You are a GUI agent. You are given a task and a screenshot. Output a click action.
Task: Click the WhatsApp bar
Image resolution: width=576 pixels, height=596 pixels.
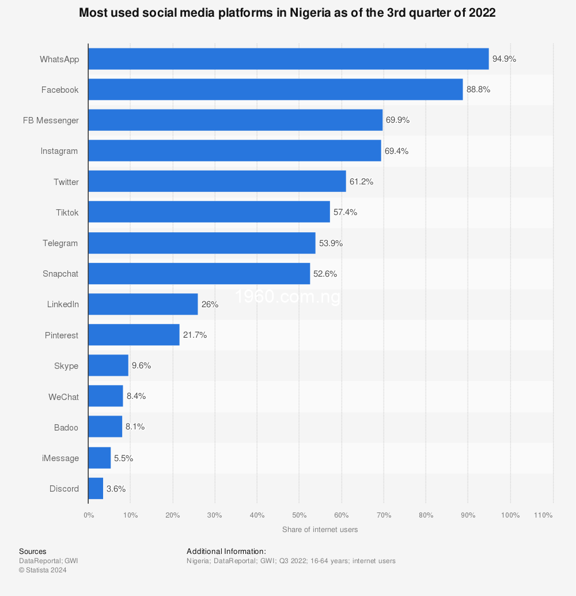click(x=288, y=59)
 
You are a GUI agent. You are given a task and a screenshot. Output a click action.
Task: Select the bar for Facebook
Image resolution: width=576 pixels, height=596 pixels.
click(x=275, y=89)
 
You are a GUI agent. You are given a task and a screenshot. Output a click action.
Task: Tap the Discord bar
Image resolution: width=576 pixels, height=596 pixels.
click(x=96, y=489)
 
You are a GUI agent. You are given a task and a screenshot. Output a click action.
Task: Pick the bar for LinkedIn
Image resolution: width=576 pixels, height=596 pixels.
click(x=143, y=304)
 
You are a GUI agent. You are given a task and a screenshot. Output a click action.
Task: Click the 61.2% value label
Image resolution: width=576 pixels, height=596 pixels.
click(x=362, y=182)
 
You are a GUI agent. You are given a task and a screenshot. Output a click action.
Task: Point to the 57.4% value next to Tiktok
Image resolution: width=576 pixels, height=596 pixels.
click(x=345, y=212)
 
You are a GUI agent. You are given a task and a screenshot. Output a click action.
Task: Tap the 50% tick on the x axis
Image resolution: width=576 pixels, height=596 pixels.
click(x=299, y=515)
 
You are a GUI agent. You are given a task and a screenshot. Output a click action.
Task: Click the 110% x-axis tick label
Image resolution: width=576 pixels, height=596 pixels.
click(x=543, y=515)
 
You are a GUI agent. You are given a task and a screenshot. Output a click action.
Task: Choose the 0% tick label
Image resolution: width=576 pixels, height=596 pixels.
click(x=89, y=515)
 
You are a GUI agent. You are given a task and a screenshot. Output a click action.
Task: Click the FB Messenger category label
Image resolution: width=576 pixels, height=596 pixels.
click(x=51, y=120)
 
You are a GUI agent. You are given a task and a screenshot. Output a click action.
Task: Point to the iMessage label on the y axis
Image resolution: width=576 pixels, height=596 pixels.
click(x=60, y=458)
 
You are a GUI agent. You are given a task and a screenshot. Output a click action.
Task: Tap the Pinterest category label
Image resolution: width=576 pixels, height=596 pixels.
click(x=62, y=335)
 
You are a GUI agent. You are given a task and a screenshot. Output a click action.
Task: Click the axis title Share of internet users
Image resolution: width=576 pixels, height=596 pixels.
click(x=320, y=530)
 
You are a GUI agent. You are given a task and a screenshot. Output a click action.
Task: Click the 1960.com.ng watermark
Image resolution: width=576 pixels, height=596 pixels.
click(x=287, y=297)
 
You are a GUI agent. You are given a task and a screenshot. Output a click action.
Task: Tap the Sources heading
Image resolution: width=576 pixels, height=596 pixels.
click(x=32, y=552)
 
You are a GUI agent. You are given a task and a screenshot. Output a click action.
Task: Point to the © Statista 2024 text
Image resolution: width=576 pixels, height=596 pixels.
click(x=43, y=570)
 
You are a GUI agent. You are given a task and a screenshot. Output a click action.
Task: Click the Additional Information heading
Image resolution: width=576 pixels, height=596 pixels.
click(x=226, y=552)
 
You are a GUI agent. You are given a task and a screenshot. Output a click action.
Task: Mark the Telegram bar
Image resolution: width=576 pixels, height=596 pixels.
click(x=202, y=243)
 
